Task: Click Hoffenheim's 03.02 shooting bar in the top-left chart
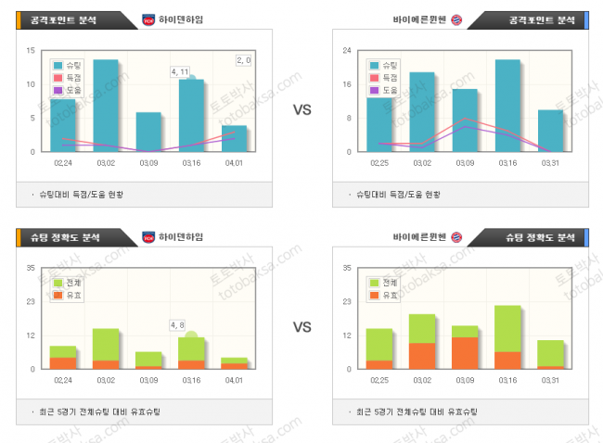(x=105, y=105)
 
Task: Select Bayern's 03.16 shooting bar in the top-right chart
(x=507, y=105)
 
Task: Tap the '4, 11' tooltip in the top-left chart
(x=180, y=71)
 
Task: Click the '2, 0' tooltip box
(x=245, y=60)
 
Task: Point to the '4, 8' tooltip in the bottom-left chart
(x=177, y=324)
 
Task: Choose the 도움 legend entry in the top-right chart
(x=384, y=90)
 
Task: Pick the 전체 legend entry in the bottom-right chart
(x=384, y=283)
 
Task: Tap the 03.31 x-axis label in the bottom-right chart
(x=550, y=380)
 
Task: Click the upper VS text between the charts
(x=302, y=110)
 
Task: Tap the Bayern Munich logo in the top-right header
(x=456, y=19)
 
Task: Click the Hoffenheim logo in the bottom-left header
(x=148, y=237)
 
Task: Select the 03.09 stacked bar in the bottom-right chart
(x=465, y=348)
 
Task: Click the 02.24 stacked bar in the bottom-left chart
(x=63, y=358)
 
